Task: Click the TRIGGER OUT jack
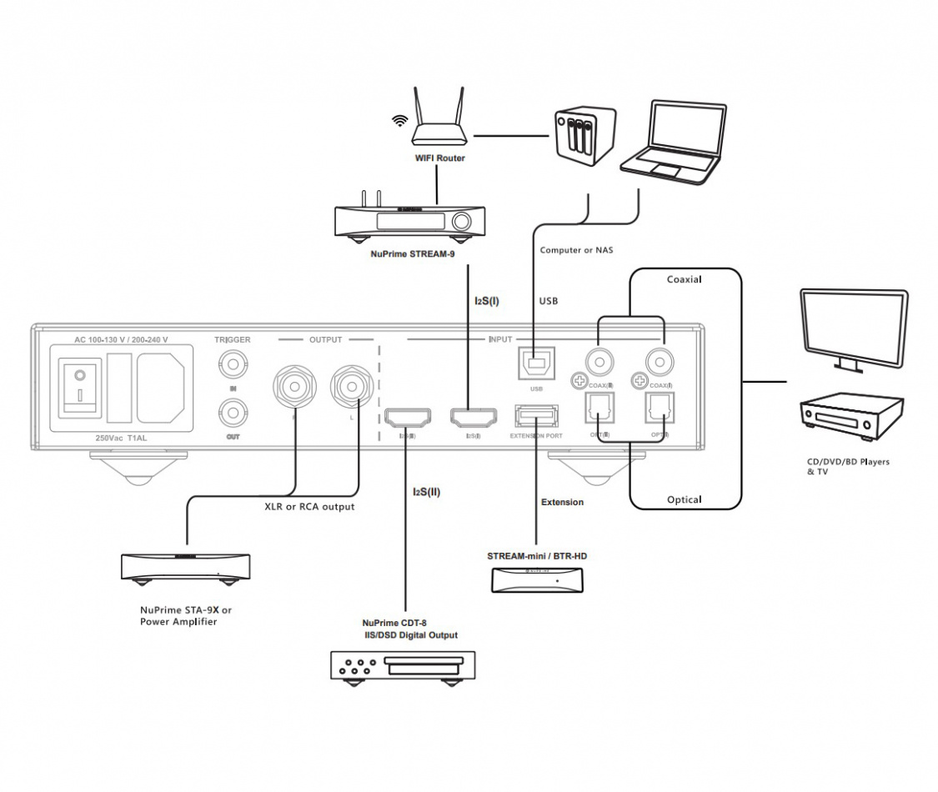click(231, 412)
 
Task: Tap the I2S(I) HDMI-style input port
click(472, 416)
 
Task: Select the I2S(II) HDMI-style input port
click(408, 416)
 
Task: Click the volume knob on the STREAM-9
click(461, 222)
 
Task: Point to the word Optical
click(684, 499)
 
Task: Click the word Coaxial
click(685, 280)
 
